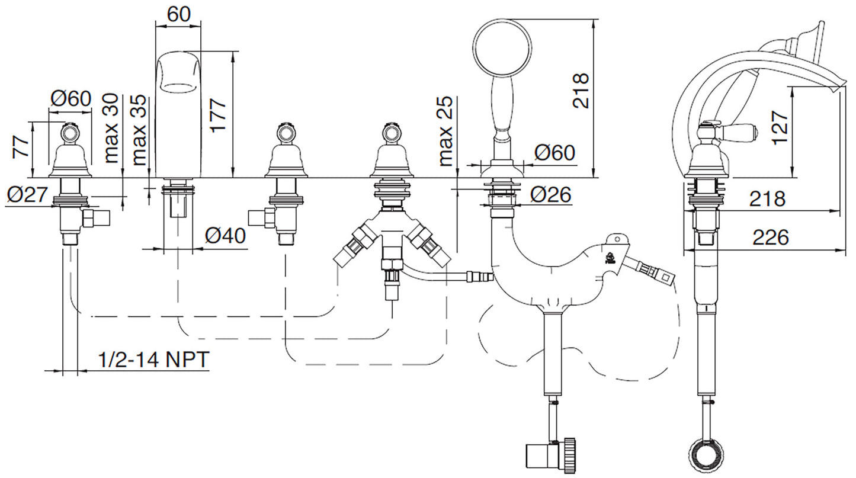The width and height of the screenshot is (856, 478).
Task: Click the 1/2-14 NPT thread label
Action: point(153,359)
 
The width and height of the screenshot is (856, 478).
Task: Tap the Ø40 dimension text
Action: point(226,236)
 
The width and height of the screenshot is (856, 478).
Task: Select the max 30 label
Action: point(111,128)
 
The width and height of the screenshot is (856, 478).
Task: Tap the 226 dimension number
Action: point(771,238)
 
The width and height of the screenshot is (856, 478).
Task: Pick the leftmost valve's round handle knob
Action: point(70,131)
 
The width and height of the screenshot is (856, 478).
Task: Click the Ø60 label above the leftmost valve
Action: point(70,98)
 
